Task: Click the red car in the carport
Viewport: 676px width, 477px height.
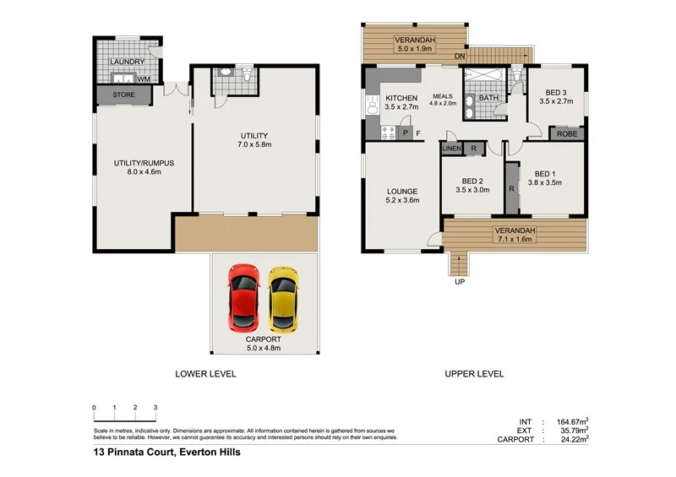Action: point(243,298)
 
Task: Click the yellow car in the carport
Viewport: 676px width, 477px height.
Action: point(283,298)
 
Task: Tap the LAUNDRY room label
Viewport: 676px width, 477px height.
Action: point(128,62)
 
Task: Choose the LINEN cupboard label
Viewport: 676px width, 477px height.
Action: point(451,149)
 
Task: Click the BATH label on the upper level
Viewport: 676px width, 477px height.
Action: point(488,98)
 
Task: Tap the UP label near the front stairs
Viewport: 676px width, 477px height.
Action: point(460,283)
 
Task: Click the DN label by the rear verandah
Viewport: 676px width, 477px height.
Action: point(460,57)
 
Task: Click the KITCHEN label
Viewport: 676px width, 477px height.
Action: point(401,98)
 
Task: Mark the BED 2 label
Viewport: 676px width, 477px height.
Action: point(472,181)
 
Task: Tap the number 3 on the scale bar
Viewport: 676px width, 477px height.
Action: point(155,408)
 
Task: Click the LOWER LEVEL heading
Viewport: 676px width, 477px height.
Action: point(205,373)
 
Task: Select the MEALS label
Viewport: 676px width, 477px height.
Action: point(444,95)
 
